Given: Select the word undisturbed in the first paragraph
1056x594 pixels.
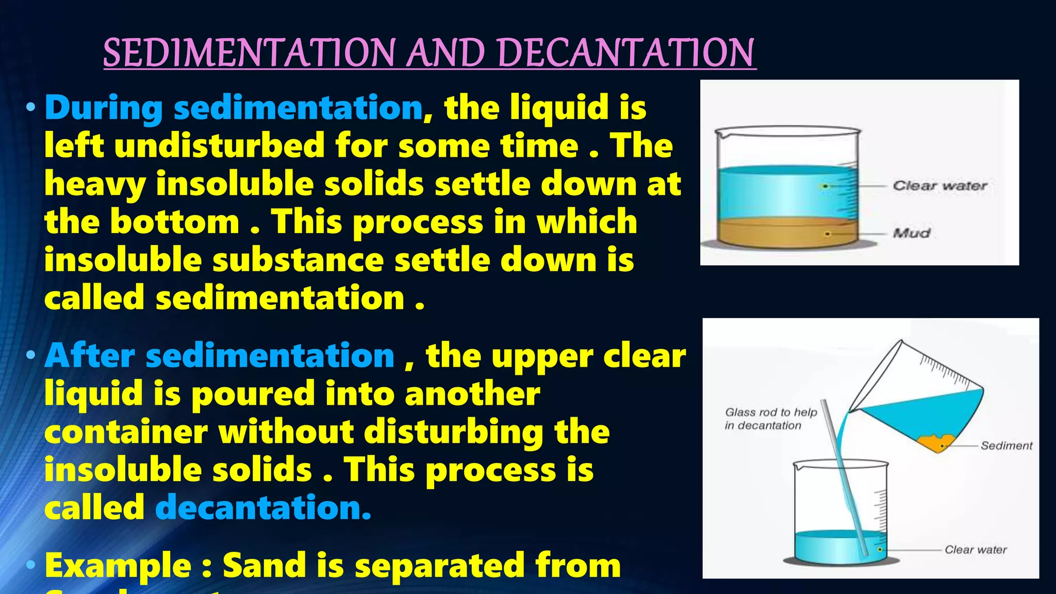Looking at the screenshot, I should [221, 145].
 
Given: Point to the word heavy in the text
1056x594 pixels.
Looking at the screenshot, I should [95, 184].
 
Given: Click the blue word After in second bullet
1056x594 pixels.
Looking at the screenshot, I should [90, 356].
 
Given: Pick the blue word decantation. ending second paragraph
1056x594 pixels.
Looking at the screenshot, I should [263, 508].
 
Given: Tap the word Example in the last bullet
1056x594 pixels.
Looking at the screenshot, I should [118, 565].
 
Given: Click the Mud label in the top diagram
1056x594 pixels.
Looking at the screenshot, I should [912, 233].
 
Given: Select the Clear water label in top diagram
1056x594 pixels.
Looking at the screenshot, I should [939, 186].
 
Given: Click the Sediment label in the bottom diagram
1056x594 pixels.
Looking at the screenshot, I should [1006, 445].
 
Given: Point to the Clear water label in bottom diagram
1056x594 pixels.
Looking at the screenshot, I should [976, 550].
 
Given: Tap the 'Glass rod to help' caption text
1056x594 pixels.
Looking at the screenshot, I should [771, 412].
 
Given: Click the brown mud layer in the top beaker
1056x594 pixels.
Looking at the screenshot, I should [784, 235].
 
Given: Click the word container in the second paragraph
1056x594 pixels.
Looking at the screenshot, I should [126, 432].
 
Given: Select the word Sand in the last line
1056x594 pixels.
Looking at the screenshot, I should [263, 565].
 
